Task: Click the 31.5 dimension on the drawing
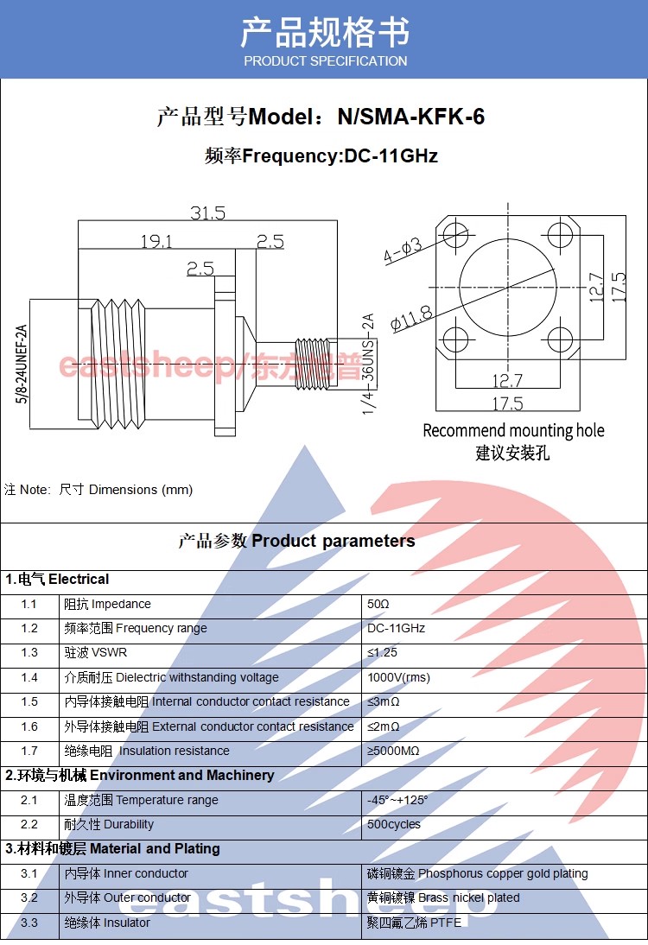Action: click(x=207, y=212)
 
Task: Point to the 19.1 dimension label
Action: click(x=156, y=241)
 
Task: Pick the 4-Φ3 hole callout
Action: click(x=403, y=251)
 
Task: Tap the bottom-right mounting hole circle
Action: click(x=560, y=339)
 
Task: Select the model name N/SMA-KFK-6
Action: click(x=410, y=117)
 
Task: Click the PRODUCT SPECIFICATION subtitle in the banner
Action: click(x=325, y=61)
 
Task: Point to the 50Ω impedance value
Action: click(x=378, y=604)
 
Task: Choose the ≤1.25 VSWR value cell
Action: click(x=383, y=653)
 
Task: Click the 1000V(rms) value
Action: click(x=398, y=677)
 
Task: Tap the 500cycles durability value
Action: click(x=394, y=824)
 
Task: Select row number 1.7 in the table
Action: click(x=29, y=751)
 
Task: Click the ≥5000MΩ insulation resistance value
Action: click(x=393, y=751)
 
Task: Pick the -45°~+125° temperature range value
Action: click(x=397, y=800)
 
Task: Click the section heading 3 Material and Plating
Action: click(x=113, y=848)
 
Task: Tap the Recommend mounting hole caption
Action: click(x=513, y=430)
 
